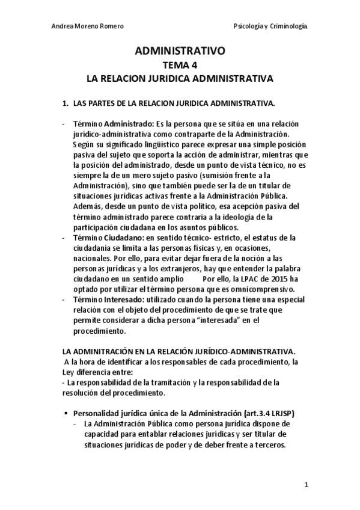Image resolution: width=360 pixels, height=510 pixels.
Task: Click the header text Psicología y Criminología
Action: (270, 27)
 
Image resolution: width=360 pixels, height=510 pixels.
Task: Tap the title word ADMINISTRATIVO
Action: (180, 52)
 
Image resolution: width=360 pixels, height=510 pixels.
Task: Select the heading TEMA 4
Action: (180, 66)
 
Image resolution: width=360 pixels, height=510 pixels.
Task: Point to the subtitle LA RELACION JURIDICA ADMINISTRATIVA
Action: (180, 78)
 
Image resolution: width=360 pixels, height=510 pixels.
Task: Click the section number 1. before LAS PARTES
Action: (66, 103)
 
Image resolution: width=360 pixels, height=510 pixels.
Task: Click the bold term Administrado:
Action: (127, 124)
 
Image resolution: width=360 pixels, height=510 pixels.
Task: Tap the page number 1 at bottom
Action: (306, 485)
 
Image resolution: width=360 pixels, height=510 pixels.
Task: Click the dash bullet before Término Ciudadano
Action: (64, 238)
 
